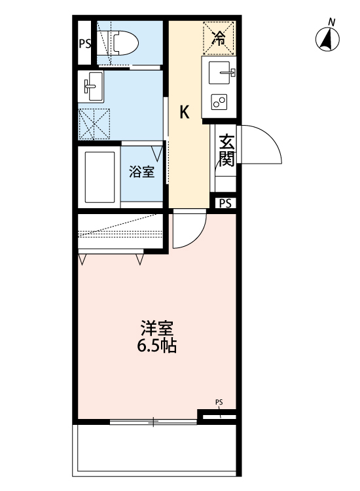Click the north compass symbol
tap(328, 40)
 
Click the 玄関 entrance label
tap(226, 150)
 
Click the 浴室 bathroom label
tap(142, 172)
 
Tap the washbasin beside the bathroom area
tap(92, 86)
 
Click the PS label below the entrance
tap(225, 203)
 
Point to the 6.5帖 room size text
tap(156, 346)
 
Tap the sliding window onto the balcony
tap(154, 421)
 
